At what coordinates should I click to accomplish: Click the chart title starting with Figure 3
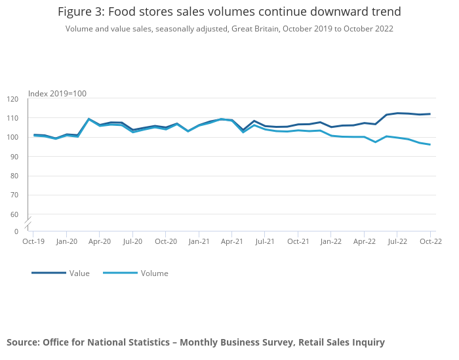tap(229, 12)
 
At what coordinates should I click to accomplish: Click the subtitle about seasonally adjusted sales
tap(229, 29)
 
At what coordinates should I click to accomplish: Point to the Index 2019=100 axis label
tap(57, 94)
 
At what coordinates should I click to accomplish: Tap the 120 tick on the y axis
tap(12, 99)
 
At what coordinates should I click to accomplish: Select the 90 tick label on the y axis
tap(12, 157)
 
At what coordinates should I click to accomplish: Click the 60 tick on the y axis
tap(12, 214)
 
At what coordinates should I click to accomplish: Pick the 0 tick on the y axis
tap(16, 231)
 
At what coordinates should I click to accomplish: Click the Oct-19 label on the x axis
tap(33, 241)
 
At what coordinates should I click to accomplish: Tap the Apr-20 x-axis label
tap(100, 241)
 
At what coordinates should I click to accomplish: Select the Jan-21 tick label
tap(199, 241)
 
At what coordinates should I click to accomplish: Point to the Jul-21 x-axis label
tap(265, 241)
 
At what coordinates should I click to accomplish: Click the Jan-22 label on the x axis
tap(331, 241)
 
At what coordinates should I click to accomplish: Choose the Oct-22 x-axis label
tap(430, 241)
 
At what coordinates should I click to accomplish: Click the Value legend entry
tap(79, 273)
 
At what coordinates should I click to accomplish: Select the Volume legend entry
tap(154, 273)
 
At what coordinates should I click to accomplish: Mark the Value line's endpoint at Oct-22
tap(430, 114)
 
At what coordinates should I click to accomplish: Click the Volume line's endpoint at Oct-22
tap(430, 144)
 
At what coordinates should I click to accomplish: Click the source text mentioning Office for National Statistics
tap(195, 342)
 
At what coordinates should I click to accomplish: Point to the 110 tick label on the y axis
tap(12, 118)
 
